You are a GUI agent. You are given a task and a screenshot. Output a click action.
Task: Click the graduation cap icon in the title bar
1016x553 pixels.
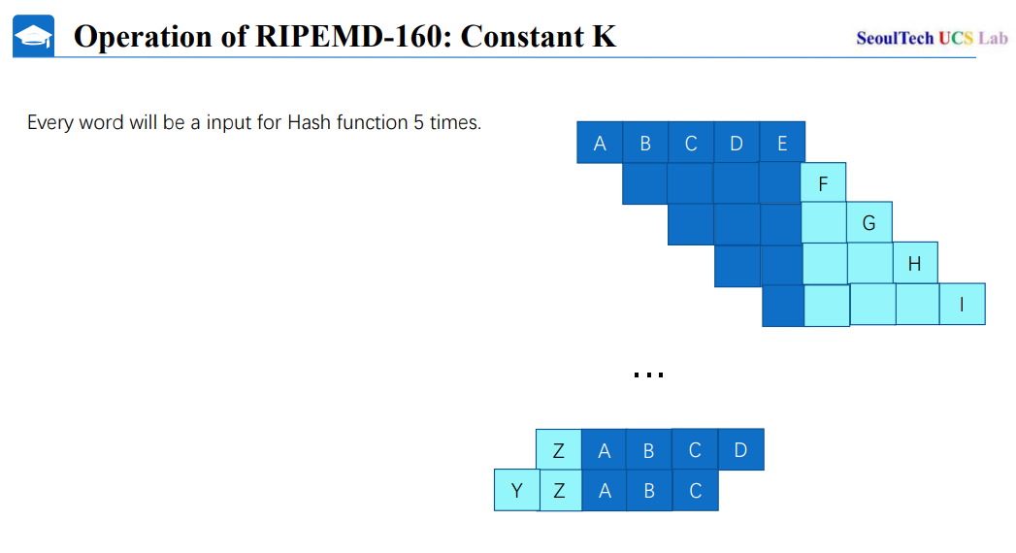pos(33,37)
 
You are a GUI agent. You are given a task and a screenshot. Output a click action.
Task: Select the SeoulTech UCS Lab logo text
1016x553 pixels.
pos(932,38)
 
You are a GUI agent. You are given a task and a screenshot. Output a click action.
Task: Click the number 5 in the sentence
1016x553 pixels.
pos(419,123)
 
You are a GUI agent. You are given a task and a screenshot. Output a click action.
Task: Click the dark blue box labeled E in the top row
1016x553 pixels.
pos(782,143)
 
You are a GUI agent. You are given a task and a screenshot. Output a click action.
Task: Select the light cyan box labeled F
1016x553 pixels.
pos(823,183)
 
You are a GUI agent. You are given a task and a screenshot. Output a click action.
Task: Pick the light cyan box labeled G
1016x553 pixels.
pos(869,223)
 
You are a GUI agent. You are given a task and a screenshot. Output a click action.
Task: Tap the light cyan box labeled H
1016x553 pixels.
pos(914,263)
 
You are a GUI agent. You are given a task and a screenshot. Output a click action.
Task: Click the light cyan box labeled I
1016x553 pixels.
pos(962,304)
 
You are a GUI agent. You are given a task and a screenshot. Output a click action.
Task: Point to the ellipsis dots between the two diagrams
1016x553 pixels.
pos(647,374)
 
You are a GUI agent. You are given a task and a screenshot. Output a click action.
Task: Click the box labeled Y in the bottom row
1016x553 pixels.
pos(516,490)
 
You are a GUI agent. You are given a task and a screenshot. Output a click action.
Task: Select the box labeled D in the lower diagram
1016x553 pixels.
pos(740,449)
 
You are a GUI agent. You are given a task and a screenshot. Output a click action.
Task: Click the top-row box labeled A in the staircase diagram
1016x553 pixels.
pos(600,143)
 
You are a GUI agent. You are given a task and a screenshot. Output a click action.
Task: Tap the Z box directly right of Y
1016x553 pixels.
pos(560,490)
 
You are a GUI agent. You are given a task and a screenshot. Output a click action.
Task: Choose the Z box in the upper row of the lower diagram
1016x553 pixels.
pos(559,449)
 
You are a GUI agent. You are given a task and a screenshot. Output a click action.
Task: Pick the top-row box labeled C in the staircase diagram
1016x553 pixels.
pos(691,143)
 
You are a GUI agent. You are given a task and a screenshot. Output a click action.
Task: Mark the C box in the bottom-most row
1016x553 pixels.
pos(695,490)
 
